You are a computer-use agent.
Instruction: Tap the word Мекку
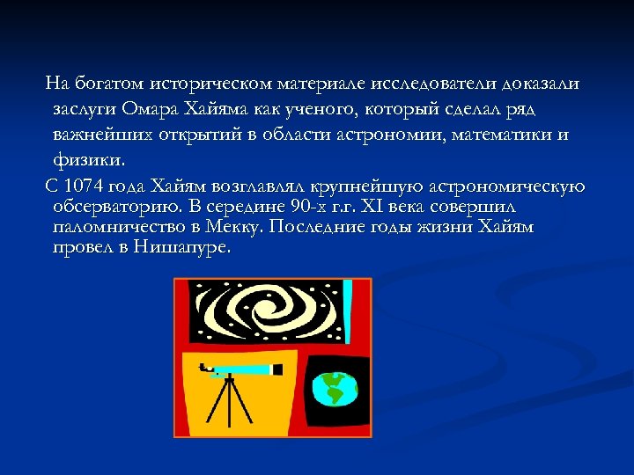[239, 227]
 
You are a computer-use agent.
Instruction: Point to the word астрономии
[379, 135]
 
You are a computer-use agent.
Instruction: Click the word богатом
[109, 84]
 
